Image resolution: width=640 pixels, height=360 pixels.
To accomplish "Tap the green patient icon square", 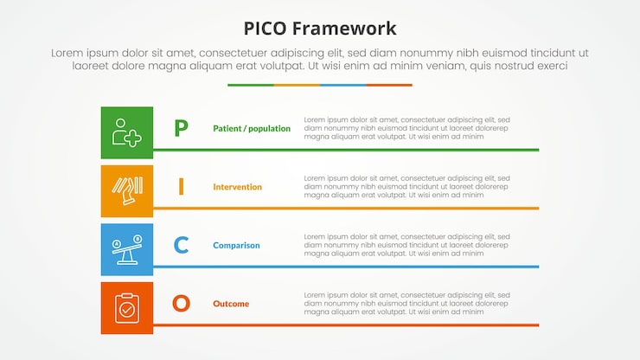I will (127, 132).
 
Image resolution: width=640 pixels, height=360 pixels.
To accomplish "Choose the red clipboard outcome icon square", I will (127, 307).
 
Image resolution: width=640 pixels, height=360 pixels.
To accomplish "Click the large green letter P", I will (181, 129).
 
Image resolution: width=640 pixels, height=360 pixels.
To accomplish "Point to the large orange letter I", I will (181, 187).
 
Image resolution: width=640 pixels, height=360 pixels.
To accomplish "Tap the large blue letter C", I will (181, 246).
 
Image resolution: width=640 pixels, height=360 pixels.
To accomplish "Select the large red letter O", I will (181, 304).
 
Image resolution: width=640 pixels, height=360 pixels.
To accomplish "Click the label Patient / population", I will (252, 129).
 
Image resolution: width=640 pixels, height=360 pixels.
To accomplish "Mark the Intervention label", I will (237, 187).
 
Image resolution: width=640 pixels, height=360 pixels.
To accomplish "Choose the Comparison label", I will (236, 246).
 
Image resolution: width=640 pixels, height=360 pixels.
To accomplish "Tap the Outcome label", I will (231, 304).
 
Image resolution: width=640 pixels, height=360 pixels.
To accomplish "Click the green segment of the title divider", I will (251, 85).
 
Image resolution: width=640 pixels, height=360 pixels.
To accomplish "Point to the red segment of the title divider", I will (389, 85).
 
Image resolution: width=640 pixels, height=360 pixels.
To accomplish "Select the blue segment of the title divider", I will (342, 85).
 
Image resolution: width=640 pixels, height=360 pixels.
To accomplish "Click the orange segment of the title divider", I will (297, 85).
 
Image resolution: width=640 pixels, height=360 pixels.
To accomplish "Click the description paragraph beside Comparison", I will (406, 245).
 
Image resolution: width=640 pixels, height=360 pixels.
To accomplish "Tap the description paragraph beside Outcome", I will (406, 304).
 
